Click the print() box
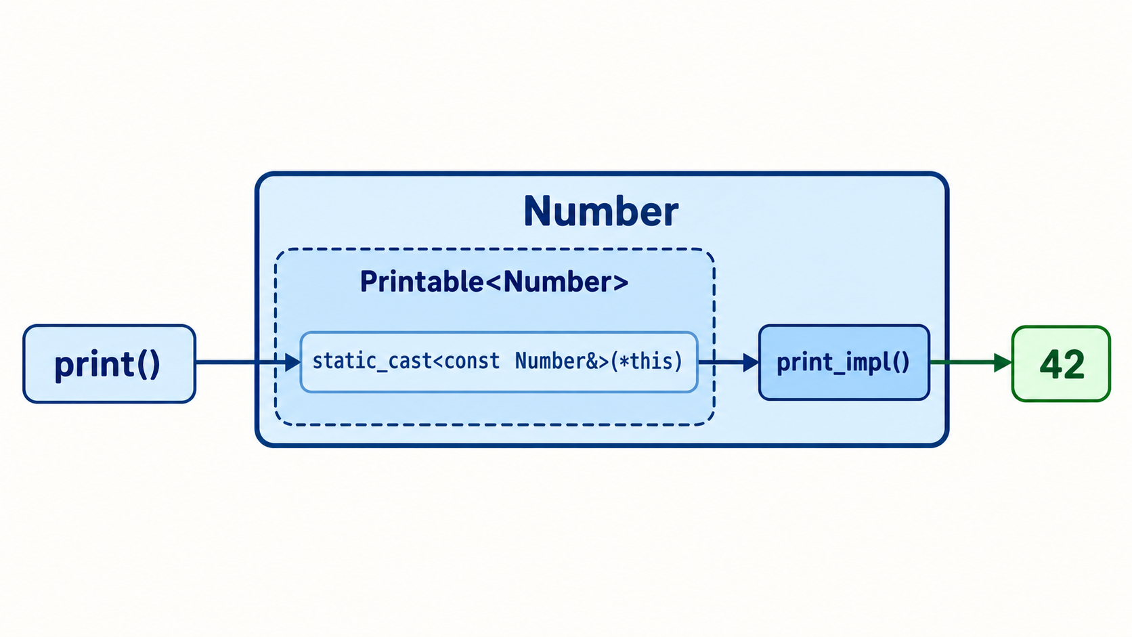(x=109, y=364)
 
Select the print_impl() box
(x=844, y=363)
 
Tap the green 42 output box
(x=1062, y=364)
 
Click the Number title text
(x=601, y=211)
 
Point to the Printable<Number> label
(x=494, y=282)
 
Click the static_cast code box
(x=499, y=361)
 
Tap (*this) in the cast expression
(x=646, y=361)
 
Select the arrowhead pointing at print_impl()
(x=751, y=362)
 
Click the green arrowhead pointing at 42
(x=1003, y=362)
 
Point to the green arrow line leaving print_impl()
(x=971, y=362)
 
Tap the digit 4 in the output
(x=1049, y=364)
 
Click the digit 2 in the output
(x=1073, y=364)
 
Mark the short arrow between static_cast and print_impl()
(x=728, y=362)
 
